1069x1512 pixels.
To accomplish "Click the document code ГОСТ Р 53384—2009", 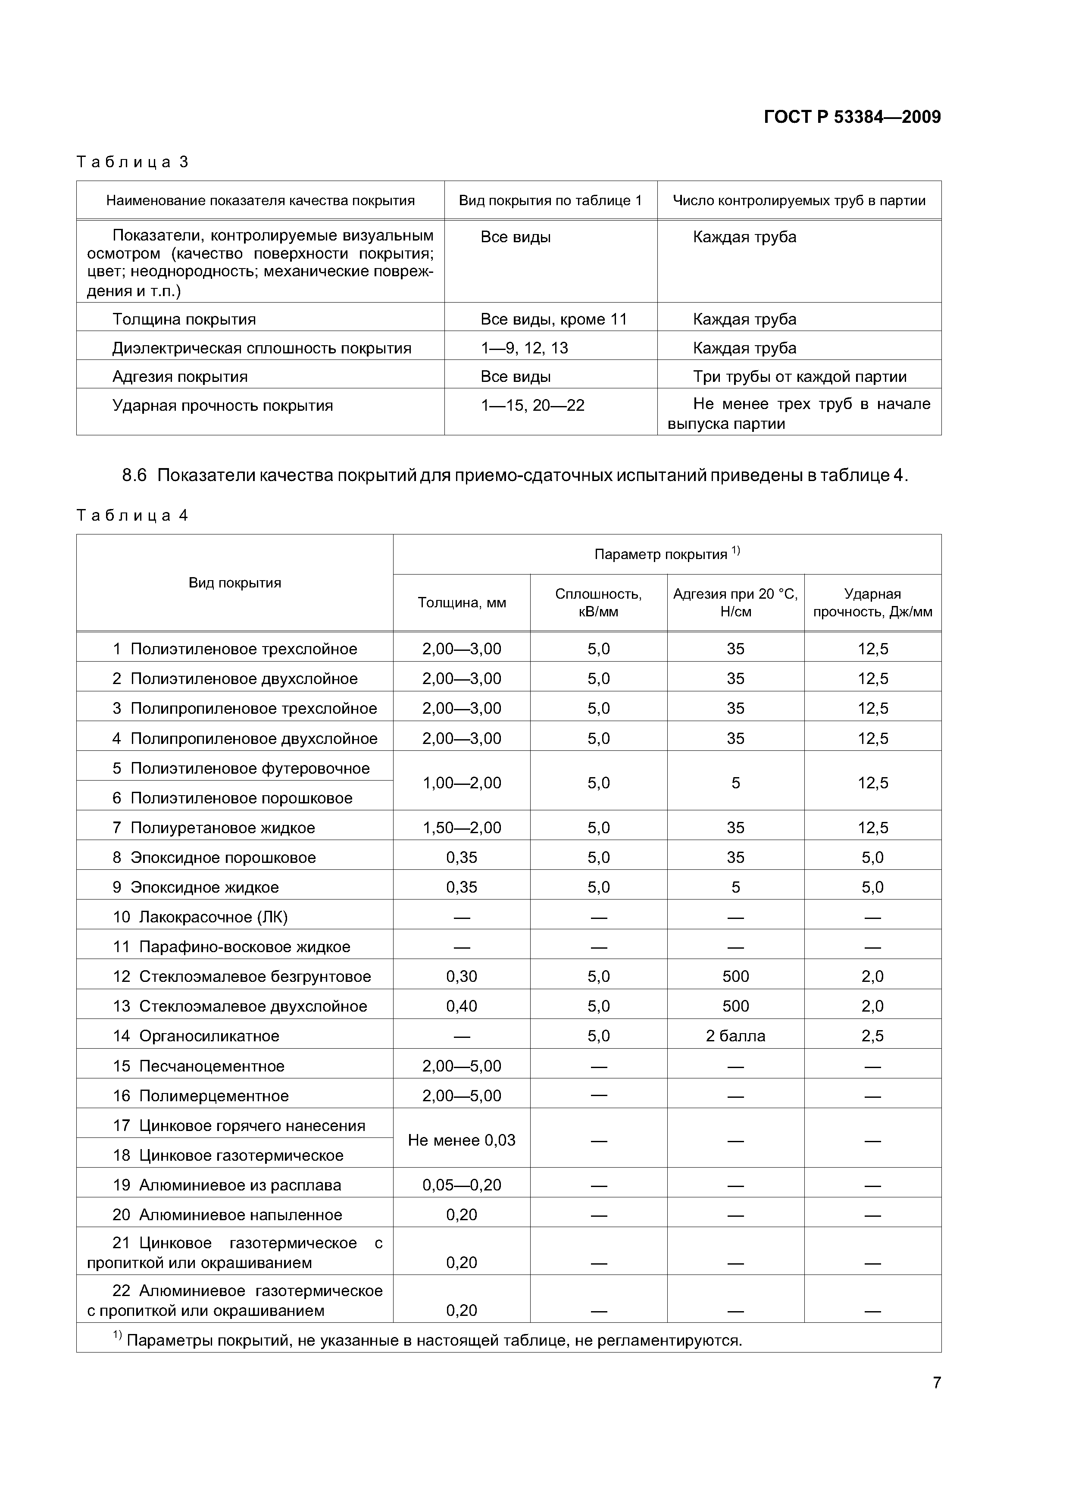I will (852, 117).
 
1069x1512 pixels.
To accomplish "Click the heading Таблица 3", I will (132, 162).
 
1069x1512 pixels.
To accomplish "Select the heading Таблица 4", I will (132, 515).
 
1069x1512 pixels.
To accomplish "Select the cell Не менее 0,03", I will (462, 1140).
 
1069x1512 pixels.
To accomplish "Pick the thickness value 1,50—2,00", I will (462, 828).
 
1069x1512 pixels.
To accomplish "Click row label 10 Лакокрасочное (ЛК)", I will (200, 917).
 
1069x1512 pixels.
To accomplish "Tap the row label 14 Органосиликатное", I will (196, 1036).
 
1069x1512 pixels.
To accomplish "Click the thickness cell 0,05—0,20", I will (462, 1185).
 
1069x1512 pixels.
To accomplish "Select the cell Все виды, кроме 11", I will (553, 319).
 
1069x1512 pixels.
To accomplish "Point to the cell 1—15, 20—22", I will (532, 406).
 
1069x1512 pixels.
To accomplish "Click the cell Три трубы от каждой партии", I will (799, 377).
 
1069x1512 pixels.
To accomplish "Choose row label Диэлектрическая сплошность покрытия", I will (262, 348).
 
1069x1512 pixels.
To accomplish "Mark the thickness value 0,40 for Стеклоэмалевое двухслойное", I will (462, 1006).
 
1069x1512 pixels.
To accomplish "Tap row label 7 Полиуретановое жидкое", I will (213, 828).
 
